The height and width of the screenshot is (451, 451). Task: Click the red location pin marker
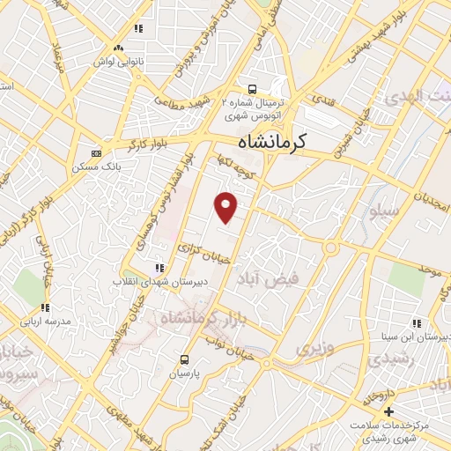[227, 207]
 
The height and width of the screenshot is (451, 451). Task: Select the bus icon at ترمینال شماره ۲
[253, 89]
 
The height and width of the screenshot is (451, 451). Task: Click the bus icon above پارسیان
[184, 359]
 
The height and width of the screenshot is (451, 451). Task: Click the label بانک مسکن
[98, 166]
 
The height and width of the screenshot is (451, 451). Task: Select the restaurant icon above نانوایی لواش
[138, 29]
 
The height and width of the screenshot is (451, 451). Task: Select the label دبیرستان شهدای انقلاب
[159, 283]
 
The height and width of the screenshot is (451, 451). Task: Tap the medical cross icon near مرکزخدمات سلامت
[388, 411]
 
